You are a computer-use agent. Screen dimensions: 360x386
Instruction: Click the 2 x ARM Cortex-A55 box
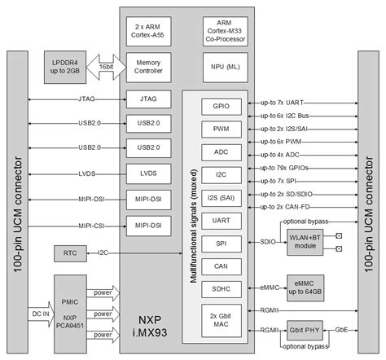click(147, 31)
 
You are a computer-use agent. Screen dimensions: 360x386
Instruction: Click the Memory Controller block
click(147, 68)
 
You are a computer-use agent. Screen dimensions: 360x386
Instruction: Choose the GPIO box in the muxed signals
click(221, 107)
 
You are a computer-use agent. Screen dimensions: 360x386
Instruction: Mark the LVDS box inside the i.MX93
click(147, 173)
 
